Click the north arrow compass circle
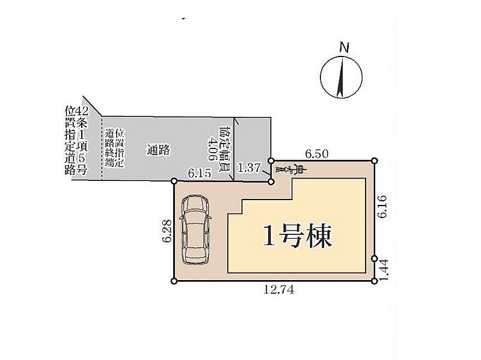coord(342,76)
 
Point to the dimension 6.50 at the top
coord(316,154)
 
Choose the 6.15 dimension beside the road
coord(200,173)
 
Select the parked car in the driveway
coord(194,229)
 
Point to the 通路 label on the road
coord(158,150)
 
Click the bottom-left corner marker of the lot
coord(174,281)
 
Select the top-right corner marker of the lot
coord(375,160)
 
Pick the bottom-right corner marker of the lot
coord(375,281)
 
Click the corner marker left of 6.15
coord(174,181)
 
